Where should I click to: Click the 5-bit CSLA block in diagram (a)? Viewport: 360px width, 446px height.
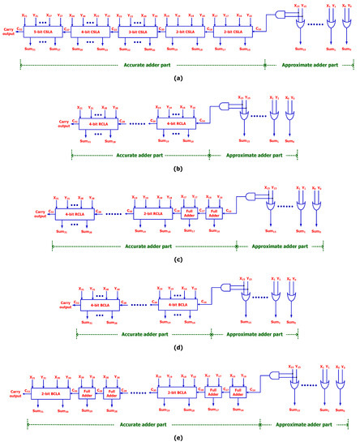point(46,30)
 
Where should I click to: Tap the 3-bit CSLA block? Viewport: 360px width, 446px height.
point(139,30)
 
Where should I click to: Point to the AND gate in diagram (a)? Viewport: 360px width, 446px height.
point(281,15)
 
